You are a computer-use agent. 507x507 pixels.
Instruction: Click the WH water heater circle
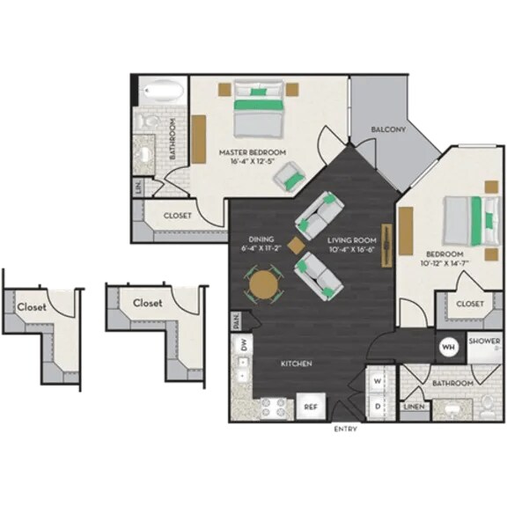[x=447, y=346]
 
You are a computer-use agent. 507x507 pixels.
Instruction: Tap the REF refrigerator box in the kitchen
[x=311, y=407]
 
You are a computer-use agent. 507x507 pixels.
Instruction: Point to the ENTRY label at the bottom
[x=345, y=430]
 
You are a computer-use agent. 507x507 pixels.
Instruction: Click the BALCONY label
[x=387, y=130]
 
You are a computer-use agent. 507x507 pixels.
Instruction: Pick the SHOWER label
[x=484, y=341]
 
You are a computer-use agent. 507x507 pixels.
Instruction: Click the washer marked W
[x=378, y=382]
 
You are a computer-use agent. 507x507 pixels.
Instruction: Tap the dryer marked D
[x=378, y=406]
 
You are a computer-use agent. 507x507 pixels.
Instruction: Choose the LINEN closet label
[x=414, y=407]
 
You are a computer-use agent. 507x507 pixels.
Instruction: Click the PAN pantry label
[x=236, y=320]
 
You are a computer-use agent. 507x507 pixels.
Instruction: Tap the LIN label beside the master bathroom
[x=139, y=187]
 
